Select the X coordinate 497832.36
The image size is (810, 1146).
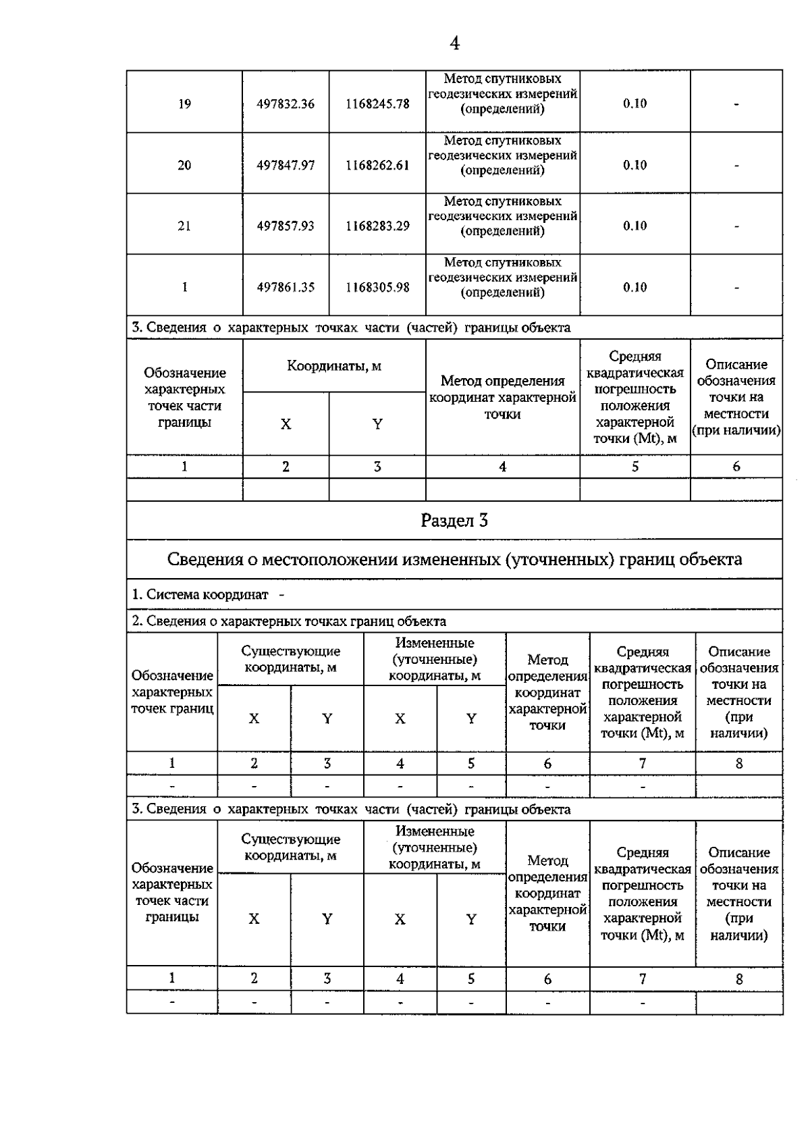point(286,104)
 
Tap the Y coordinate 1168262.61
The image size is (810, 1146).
point(377,165)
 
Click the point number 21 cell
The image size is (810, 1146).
point(184,226)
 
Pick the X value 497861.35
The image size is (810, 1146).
point(286,288)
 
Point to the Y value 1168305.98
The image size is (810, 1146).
point(377,288)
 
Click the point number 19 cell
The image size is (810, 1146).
point(184,104)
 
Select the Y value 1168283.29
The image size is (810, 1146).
point(377,226)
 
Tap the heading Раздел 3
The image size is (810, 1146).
point(454,521)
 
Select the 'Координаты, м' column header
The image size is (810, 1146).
point(334,366)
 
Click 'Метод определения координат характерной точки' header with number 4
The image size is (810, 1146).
point(502,398)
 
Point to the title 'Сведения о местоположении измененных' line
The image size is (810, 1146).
point(454,559)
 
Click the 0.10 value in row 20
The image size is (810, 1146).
point(634,165)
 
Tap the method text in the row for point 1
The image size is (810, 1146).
point(502,278)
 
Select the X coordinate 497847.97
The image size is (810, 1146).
point(286,165)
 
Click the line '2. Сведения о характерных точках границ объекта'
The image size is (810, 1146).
point(288,621)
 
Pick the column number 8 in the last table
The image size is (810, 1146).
point(739,979)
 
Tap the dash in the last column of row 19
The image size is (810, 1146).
point(736,105)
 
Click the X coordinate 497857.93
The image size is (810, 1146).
point(286,226)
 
